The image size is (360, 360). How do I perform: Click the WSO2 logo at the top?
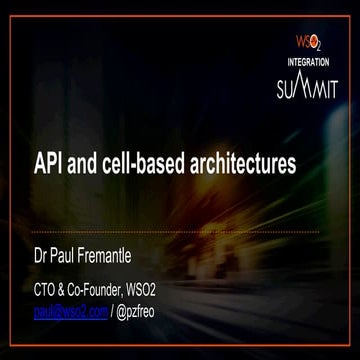[x=306, y=44]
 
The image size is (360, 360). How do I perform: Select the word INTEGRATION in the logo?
[x=307, y=62]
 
